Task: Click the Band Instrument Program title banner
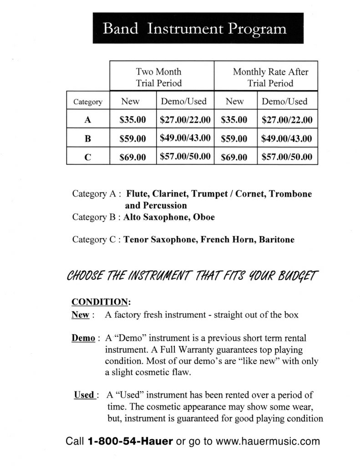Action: click(195, 28)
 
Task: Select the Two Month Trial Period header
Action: click(158, 77)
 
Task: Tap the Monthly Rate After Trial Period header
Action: click(270, 77)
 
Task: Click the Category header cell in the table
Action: click(88, 102)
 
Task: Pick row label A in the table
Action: click(88, 120)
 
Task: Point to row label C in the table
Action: click(88, 157)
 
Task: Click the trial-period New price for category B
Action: click(132, 139)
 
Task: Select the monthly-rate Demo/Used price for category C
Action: click(287, 157)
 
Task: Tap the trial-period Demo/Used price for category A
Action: click(185, 120)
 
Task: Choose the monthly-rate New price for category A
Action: click(234, 120)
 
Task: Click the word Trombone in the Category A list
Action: click(290, 194)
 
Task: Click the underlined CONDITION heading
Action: click(101, 302)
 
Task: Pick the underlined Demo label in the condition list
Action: click(82, 338)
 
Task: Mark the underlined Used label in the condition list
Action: click(84, 395)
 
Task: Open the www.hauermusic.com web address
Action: click(268, 441)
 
